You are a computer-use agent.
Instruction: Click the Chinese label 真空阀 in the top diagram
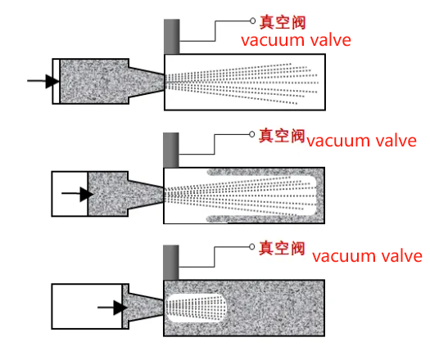[x=283, y=22]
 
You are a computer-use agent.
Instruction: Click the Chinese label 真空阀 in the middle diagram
[x=282, y=136]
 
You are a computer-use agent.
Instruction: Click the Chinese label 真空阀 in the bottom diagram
[x=282, y=248]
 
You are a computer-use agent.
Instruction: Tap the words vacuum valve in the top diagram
[x=296, y=40]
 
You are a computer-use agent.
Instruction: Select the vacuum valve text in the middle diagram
[x=361, y=141]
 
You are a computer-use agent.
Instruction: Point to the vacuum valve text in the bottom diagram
[x=367, y=256]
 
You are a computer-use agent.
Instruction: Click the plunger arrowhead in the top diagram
[x=52, y=81]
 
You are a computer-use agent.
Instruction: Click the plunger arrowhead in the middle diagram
[x=86, y=194]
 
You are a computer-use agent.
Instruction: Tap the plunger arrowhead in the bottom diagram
[x=120, y=308]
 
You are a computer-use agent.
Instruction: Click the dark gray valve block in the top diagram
[x=172, y=37]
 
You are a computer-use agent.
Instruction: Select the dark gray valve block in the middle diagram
[x=171, y=150]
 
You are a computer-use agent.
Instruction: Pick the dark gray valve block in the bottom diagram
[x=171, y=263]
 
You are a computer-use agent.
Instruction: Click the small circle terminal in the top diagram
[x=252, y=20]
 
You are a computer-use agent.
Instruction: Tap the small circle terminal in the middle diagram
[x=251, y=134]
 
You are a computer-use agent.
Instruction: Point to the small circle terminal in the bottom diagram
[x=251, y=247]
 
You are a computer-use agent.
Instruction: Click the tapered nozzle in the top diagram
[x=147, y=82]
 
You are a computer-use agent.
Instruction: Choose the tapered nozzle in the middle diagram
[x=146, y=195]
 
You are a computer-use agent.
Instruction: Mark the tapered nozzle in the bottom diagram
[x=146, y=307]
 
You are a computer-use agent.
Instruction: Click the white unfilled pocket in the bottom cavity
[x=196, y=308]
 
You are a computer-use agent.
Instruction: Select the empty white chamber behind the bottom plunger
[x=87, y=307]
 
